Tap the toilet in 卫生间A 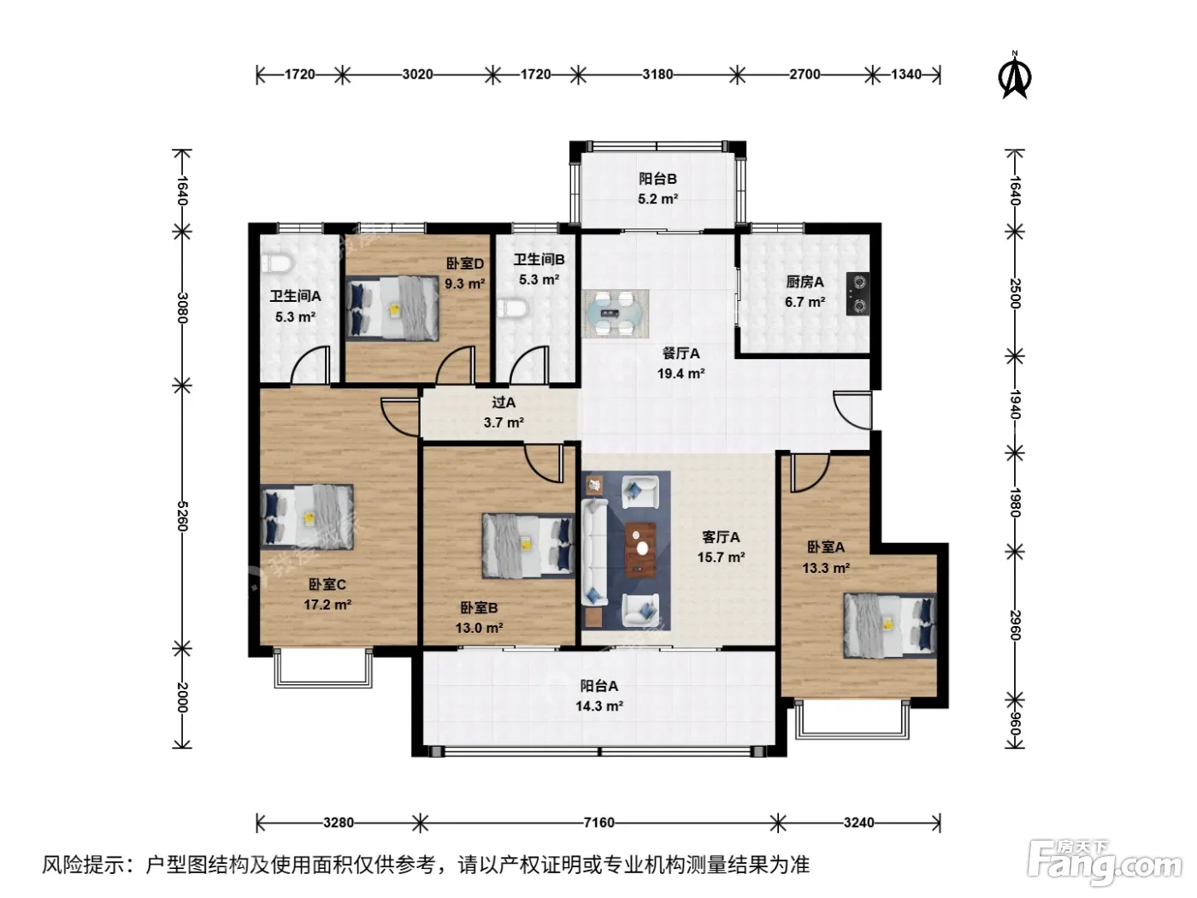point(276,263)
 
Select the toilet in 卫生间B point(512,309)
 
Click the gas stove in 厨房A point(857,294)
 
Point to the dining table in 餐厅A point(616,313)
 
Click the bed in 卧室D point(392,308)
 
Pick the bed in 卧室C point(307,517)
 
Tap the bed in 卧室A point(890,625)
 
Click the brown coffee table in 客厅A point(640,550)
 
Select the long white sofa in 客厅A point(594,552)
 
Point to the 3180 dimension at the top point(657,74)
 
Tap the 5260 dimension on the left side point(182,517)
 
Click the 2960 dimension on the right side point(1014,625)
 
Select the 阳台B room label point(657,179)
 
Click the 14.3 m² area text point(599,706)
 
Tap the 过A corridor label point(504,402)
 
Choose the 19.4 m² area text point(681,374)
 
